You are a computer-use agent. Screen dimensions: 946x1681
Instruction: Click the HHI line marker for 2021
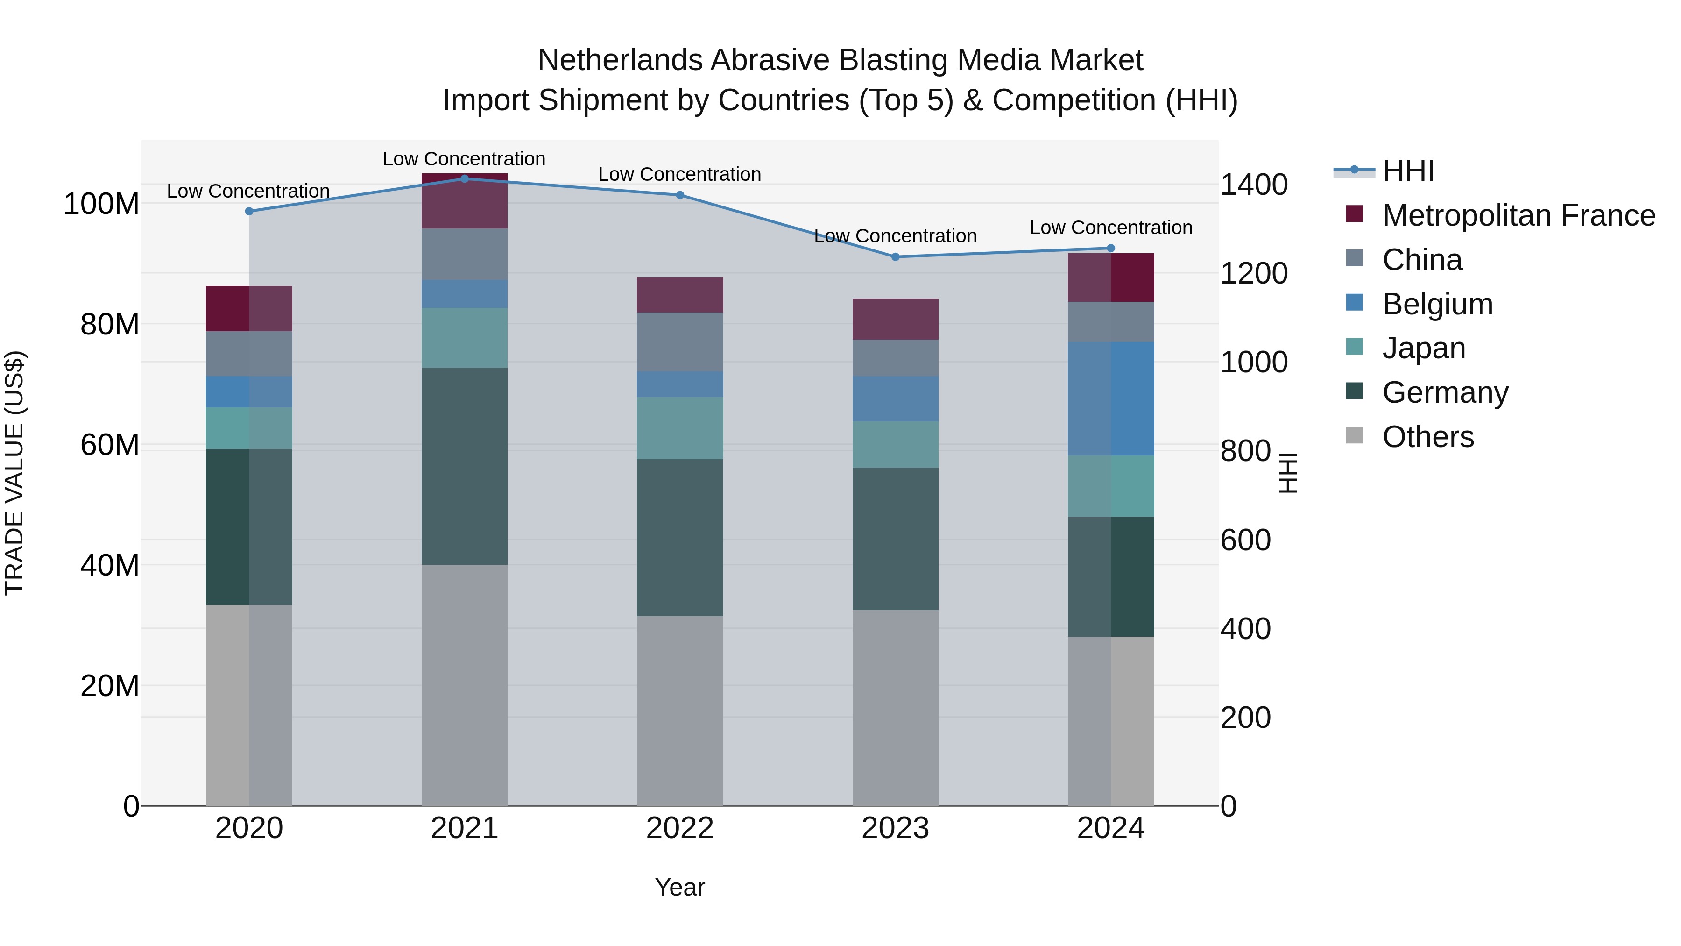coord(465,178)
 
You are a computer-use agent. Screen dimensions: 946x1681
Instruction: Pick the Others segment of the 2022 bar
coord(680,710)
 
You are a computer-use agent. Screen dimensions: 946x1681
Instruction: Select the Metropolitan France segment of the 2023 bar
coord(895,319)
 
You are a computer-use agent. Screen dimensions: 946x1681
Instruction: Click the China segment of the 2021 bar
coord(465,254)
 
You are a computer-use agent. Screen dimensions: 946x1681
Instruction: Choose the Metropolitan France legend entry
coord(1518,215)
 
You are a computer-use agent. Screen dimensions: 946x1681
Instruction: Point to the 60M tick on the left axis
coord(110,445)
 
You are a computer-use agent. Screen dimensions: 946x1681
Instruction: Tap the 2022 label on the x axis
coord(680,828)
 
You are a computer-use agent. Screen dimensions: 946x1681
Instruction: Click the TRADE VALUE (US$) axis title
coord(14,473)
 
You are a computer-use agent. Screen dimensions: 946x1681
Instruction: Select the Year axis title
coord(680,887)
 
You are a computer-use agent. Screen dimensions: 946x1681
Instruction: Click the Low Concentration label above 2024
coord(1111,228)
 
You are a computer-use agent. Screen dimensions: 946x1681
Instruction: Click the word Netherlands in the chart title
coord(620,60)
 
